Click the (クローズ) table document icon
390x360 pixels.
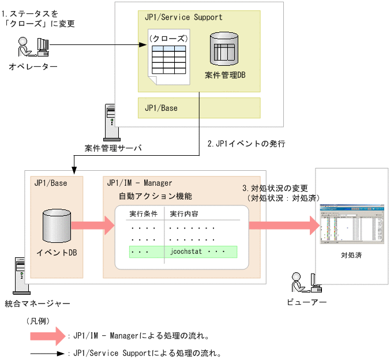tap(167, 58)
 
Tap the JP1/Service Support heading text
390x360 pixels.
tap(183, 17)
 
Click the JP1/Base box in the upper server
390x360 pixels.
tap(199, 108)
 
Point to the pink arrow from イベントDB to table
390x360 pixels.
tap(92, 226)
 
